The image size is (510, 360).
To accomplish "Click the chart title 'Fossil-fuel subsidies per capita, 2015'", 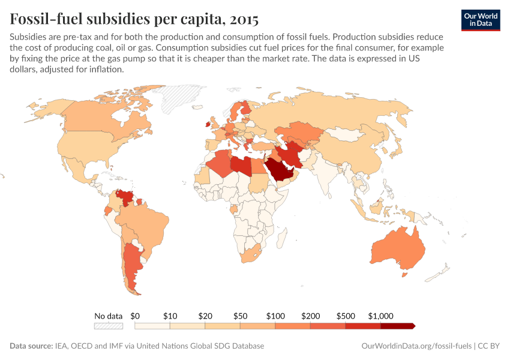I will click(134, 19).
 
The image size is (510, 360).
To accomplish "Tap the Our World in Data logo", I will click(480, 20).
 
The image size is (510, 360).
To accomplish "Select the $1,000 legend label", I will click(380, 316).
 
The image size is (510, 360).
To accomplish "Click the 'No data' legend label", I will click(108, 316).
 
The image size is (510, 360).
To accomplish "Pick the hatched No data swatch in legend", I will click(108, 326).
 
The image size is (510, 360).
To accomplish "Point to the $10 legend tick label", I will click(170, 316).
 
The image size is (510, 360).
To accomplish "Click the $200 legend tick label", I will click(310, 316).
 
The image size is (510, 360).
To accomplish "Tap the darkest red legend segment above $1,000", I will click(398, 326).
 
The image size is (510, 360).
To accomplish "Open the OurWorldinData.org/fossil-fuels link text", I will click(416, 346).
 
